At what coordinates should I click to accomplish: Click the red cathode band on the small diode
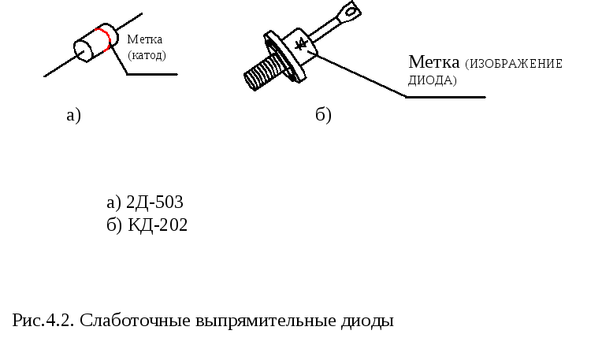107,39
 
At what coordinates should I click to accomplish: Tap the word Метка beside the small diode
145,39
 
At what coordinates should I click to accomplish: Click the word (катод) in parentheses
147,55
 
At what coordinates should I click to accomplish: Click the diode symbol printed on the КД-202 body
301,45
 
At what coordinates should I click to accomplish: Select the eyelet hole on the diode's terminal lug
351,11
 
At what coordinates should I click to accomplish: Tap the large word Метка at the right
434,61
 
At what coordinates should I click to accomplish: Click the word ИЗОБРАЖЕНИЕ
514,64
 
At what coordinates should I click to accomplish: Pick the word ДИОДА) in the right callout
433,80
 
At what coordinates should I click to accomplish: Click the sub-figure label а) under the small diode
74,115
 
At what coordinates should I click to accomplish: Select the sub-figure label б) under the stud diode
323,114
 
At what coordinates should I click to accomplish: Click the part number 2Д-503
154,202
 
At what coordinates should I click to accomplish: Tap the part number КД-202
158,225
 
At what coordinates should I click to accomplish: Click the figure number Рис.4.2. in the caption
43,321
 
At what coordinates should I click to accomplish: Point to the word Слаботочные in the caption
136,320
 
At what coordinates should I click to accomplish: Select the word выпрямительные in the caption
266,321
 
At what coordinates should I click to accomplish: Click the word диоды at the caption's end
367,321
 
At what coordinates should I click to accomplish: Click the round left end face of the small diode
83,50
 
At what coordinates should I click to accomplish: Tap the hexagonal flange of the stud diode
285,56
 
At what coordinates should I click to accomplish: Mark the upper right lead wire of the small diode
129,21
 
